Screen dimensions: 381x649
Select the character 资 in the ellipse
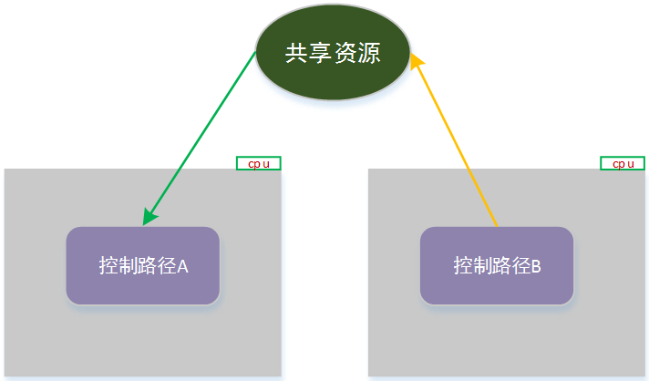(x=345, y=54)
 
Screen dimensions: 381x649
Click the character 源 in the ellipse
(x=368, y=54)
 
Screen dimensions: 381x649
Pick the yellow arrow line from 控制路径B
(x=456, y=141)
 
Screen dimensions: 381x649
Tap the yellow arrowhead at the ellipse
(x=416, y=58)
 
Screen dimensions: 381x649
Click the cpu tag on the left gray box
(x=258, y=163)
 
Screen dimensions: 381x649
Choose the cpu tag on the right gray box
(x=623, y=163)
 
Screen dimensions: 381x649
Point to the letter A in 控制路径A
(x=182, y=266)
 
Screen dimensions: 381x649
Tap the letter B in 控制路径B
(x=536, y=266)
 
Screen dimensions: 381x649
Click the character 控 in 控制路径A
(x=108, y=266)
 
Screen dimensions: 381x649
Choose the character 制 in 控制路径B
(x=482, y=266)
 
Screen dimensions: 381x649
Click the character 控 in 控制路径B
(x=463, y=266)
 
